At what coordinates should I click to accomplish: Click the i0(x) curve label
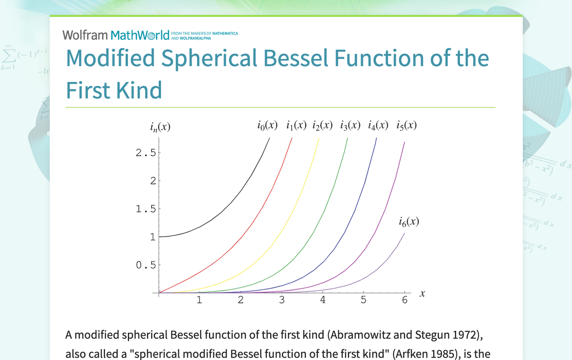point(268,125)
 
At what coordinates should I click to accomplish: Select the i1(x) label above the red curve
point(296,125)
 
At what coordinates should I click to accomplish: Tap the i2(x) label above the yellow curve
point(322,125)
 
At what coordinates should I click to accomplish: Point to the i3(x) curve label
point(350,125)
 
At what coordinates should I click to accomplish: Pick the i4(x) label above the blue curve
point(378,125)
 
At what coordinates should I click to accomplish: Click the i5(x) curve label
point(406,125)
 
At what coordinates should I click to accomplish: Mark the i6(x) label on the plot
point(409,222)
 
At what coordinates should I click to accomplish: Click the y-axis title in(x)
point(160,127)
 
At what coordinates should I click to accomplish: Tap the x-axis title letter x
point(422,293)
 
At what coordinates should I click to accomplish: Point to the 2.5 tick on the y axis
point(146,153)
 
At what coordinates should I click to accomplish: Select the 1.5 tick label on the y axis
point(146,209)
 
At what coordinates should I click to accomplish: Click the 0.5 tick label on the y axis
point(146,265)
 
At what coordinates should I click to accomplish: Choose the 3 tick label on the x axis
point(282,300)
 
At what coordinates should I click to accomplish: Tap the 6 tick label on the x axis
point(404,300)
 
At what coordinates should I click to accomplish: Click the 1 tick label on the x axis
point(199,300)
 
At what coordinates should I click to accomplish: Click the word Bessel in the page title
point(295,58)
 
